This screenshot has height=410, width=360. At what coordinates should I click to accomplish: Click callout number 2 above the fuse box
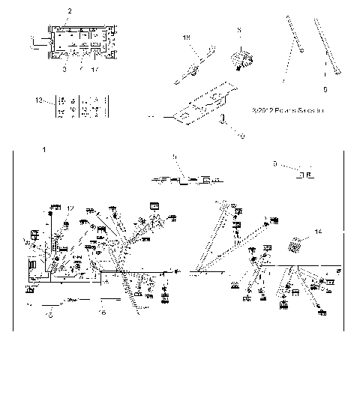(x=70, y=10)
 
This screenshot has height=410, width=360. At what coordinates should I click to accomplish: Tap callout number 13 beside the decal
(x=39, y=100)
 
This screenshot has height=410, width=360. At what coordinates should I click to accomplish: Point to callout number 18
(x=187, y=37)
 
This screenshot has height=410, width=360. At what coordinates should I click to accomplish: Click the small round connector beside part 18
(x=241, y=58)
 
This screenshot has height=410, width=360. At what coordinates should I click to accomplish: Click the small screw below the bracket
(x=223, y=122)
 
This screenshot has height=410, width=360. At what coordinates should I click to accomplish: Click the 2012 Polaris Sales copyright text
(x=287, y=109)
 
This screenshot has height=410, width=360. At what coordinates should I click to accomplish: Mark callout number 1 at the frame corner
(x=44, y=151)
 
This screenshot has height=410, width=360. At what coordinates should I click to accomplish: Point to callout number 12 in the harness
(x=71, y=208)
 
